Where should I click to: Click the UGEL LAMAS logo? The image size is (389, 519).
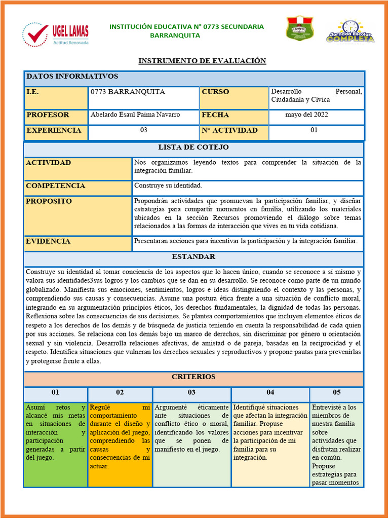point(56,34)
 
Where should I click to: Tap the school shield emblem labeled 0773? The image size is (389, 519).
point(300,28)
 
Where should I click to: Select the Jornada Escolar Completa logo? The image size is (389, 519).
point(351,32)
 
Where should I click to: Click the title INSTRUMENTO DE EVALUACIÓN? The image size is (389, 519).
point(202,61)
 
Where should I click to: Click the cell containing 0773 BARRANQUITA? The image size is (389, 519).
point(143,97)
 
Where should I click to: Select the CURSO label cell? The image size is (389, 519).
point(234,97)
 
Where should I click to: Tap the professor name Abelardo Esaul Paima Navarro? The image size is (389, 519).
point(135,115)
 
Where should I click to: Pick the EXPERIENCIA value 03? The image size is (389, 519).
point(144,131)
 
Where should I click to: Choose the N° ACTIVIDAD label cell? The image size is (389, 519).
point(234,131)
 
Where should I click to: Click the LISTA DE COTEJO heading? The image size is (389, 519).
point(193,147)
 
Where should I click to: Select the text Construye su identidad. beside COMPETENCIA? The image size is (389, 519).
point(168,186)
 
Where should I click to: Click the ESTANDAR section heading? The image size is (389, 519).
point(193,257)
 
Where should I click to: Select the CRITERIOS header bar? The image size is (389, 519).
point(193,377)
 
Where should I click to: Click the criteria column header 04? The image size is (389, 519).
point(270,393)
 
